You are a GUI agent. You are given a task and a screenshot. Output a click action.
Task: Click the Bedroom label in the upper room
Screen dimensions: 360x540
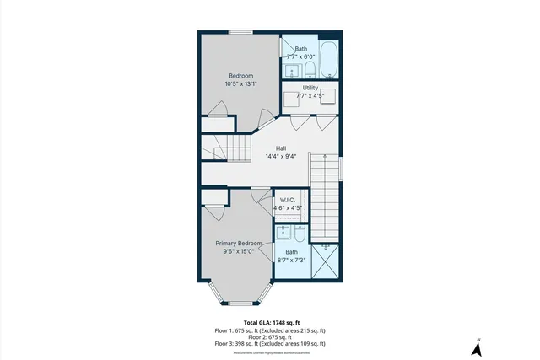tap(240, 76)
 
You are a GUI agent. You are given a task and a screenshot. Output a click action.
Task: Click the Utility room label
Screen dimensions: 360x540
tap(310, 88)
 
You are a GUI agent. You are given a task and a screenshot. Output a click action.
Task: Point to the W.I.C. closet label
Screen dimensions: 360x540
tap(287, 200)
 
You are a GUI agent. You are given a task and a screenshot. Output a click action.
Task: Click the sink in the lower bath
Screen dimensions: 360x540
tap(283, 230)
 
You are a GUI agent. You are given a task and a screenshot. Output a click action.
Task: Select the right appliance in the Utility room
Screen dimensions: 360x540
tap(327, 96)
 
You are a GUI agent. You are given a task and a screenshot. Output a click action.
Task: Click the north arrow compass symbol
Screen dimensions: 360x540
tap(477, 346)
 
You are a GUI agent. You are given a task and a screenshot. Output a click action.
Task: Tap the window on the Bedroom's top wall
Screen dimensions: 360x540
tap(240, 32)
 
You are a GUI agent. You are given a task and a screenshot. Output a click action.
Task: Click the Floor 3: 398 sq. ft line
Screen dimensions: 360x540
tap(269, 344)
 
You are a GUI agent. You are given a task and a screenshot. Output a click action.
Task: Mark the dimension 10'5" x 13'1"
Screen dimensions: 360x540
tap(240, 83)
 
